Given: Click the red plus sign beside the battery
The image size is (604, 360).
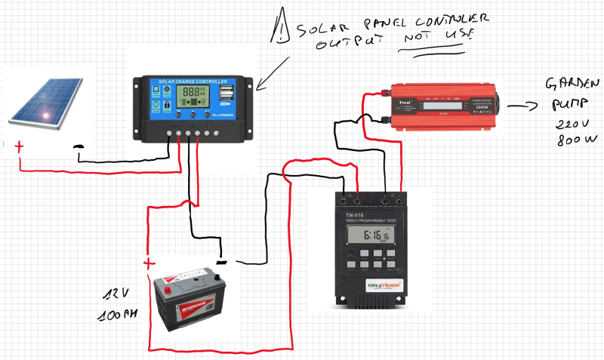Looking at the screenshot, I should point(149,263).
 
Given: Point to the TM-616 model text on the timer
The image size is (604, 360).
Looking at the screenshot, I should point(355,216).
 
